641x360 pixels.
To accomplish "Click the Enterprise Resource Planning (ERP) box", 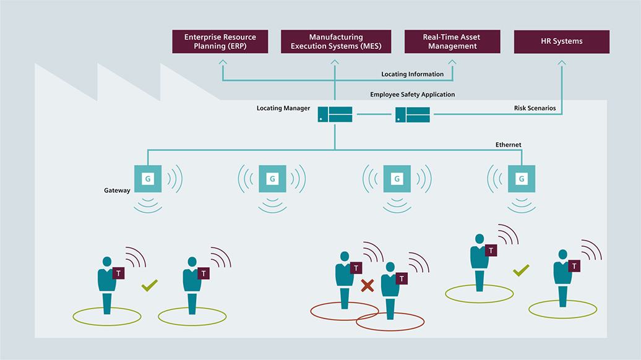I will coord(220,41).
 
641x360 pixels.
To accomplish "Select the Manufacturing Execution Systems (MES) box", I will coord(336,41).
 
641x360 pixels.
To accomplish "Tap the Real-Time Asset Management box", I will coord(451,41).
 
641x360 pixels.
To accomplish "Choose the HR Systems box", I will coord(562,41).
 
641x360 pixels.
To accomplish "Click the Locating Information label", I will coord(412,74).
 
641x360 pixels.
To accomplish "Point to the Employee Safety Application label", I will coord(412,95).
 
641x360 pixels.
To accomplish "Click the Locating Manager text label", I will coord(283,108).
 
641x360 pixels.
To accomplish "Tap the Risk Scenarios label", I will coord(535,108).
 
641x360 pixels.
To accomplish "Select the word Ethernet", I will coord(508,145).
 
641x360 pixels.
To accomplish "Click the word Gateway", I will coord(117,191).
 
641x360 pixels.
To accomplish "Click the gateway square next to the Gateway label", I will coord(148,179).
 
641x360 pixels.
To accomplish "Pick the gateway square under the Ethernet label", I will coord(521,179).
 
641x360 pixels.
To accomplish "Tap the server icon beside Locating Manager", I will coord(335,114).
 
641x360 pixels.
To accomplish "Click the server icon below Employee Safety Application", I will coord(413,114).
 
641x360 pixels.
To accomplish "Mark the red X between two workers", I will coord(368,285).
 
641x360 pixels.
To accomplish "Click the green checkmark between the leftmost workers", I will coord(149,285).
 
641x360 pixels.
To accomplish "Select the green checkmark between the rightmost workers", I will coord(521,270).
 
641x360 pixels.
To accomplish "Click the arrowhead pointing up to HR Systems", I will coord(562,62).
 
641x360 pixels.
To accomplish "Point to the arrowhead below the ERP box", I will coord(222,62).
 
